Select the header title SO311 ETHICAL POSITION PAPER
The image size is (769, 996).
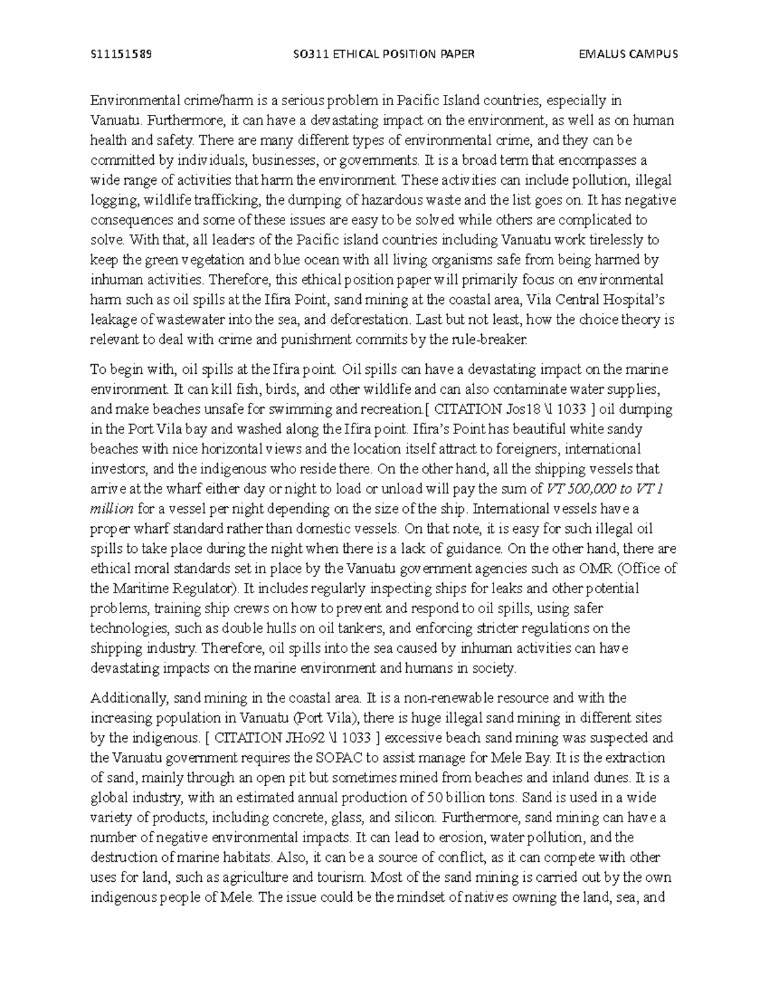click(x=383, y=54)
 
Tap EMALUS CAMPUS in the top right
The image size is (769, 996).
click(x=627, y=54)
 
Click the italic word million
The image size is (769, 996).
click(x=112, y=509)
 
